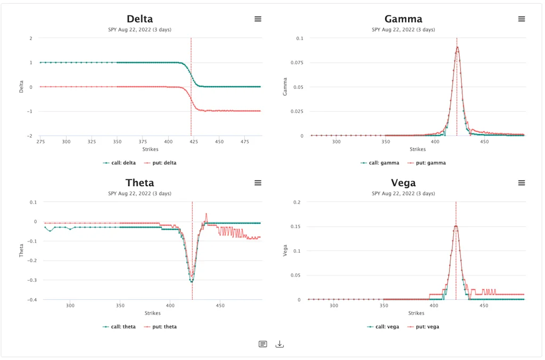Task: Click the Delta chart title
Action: click(139, 19)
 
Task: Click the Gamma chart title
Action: click(403, 19)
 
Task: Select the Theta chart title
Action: click(139, 183)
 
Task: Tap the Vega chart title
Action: click(403, 183)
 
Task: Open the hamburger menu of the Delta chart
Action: click(258, 19)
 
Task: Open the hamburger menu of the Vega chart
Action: click(522, 183)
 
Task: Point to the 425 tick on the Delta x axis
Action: click(193, 142)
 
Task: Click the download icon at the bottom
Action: click(280, 344)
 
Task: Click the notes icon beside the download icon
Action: click(263, 344)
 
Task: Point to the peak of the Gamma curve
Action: click(457, 47)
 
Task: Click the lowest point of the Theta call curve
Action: click(192, 281)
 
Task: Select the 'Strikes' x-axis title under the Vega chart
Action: click(416, 313)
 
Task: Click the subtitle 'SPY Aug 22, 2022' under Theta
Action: click(139, 194)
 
